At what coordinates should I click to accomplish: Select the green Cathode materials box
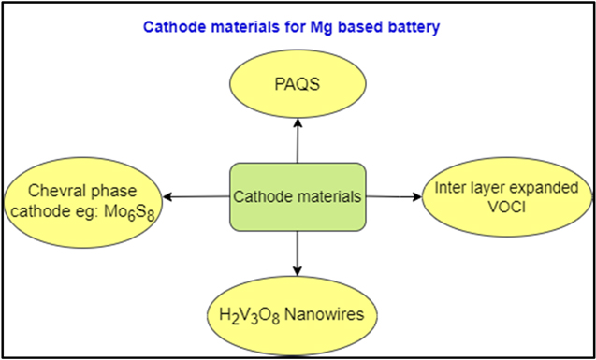(297, 197)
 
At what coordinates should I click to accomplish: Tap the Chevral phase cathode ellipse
(81, 196)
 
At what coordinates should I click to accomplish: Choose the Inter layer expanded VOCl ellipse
(505, 196)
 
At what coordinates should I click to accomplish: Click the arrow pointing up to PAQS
(297, 140)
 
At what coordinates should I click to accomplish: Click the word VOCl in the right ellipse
(506, 206)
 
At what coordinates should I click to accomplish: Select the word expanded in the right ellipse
(547, 188)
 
